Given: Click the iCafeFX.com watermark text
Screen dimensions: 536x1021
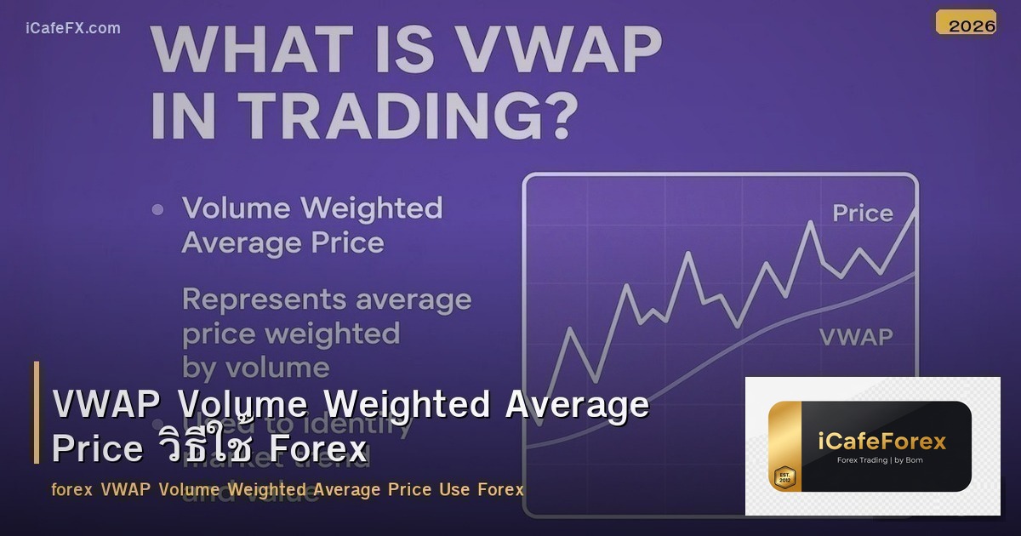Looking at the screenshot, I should [73, 28].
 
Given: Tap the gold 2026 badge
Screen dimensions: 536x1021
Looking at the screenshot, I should [966, 24].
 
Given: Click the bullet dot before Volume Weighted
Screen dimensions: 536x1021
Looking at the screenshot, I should [157, 209].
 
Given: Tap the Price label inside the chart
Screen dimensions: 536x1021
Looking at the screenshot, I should [862, 213].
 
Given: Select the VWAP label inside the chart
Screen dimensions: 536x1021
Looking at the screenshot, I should [855, 337].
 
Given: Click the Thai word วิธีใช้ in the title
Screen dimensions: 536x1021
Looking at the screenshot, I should [205, 448].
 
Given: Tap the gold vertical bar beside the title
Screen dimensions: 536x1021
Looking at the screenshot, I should [37, 413].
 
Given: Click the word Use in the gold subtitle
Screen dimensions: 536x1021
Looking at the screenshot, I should [455, 490].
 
